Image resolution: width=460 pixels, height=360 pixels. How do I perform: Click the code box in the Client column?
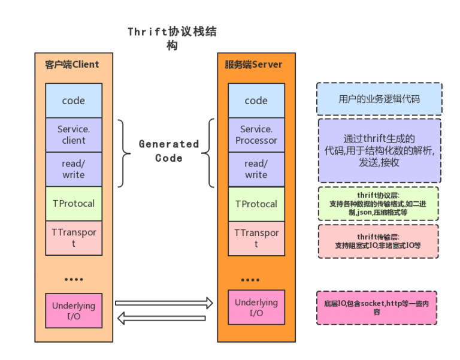click(x=74, y=101)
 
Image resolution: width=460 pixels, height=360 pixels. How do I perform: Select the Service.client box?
click(x=74, y=135)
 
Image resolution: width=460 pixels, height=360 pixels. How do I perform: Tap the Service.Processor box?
click(x=256, y=135)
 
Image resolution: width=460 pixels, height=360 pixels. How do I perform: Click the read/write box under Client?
click(x=74, y=169)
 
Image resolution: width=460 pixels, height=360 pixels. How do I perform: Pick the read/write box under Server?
click(x=256, y=169)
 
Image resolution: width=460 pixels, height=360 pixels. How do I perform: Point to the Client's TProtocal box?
click(x=74, y=204)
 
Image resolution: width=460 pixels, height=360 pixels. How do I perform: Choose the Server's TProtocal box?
click(x=256, y=204)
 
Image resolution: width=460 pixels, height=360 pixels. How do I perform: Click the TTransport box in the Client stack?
click(x=74, y=238)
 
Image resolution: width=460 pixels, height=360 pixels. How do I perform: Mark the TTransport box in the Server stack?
click(x=256, y=238)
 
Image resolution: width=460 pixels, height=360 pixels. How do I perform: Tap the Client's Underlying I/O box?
click(x=74, y=310)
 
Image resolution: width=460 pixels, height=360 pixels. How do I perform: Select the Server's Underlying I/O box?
click(x=256, y=307)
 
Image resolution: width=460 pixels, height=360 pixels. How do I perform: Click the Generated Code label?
click(x=169, y=151)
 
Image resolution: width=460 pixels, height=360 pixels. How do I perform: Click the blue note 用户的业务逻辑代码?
click(x=379, y=99)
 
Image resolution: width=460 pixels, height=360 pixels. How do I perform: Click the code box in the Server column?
click(x=256, y=101)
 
